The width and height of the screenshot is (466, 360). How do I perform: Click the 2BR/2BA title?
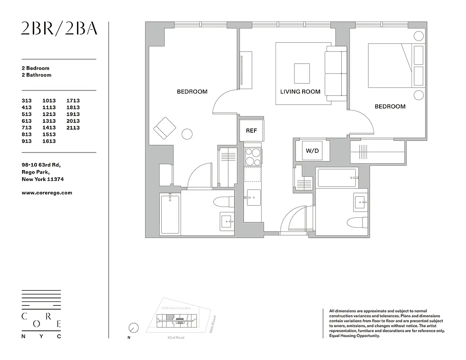[x=59, y=29]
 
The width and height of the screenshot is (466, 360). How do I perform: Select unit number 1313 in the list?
[x=49, y=121]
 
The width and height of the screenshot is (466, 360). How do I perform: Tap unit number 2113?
[x=73, y=128]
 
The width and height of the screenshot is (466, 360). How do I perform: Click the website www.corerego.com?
[x=47, y=193]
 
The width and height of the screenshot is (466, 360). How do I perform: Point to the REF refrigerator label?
[x=251, y=130]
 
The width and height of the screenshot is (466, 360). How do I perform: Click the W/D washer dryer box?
[x=312, y=151]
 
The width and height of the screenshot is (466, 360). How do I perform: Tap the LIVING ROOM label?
[x=300, y=92]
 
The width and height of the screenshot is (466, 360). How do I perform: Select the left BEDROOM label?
[x=192, y=92]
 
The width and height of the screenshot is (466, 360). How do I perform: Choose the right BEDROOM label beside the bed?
[x=390, y=107]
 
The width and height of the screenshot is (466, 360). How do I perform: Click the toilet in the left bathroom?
[x=224, y=201]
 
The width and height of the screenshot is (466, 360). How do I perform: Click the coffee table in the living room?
[x=302, y=73]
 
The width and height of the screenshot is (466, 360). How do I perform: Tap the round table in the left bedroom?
[x=186, y=134]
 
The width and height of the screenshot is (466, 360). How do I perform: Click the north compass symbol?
[x=133, y=328]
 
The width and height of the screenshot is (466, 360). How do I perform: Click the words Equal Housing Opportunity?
[x=354, y=336]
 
